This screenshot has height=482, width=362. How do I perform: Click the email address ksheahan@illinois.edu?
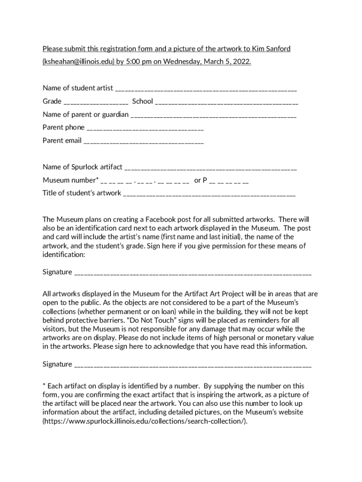pyautogui.click(x=78, y=62)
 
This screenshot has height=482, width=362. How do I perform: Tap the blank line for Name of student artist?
pyautogui.click(x=205, y=88)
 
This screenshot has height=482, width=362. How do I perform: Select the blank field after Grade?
pyautogui.click(x=96, y=102)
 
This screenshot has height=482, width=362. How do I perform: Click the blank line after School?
pyautogui.click(x=226, y=102)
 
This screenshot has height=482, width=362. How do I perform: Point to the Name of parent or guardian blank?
pyautogui.click(x=213, y=115)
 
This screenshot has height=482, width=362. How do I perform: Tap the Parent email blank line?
pyautogui.click(x=143, y=141)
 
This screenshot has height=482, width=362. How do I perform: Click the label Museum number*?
pyautogui.click(x=71, y=180)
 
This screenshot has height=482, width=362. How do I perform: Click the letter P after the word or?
pyautogui.click(x=205, y=180)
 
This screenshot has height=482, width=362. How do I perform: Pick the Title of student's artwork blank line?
pyautogui.click(x=209, y=193)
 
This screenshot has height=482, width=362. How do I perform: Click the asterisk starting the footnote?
pyautogui.click(x=44, y=386)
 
